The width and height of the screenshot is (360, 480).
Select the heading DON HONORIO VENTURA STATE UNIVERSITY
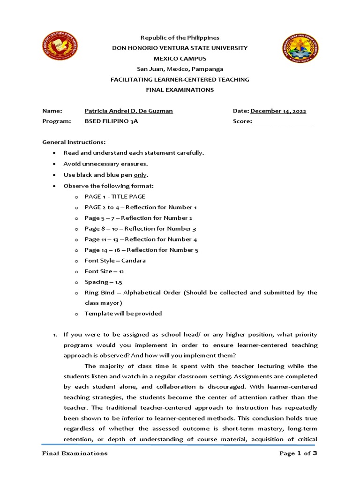tap(180, 48)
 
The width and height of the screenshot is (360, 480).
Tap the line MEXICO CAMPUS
tap(180, 59)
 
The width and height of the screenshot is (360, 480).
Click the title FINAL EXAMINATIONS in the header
tap(180, 90)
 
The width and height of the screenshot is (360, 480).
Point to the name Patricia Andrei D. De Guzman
tap(128, 111)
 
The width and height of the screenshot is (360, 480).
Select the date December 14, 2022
tap(278, 111)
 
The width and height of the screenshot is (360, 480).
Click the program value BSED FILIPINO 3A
tap(111, 121)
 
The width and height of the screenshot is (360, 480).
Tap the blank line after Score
tap(283, 122)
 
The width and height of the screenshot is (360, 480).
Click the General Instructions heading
tap(74, 142)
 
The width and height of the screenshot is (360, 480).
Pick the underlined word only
tap(140, 175)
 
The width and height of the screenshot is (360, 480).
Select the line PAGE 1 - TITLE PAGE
tap(115, 196)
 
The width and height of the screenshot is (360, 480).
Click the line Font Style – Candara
tap(115, 260)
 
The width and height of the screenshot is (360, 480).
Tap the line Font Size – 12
tap(104, 271)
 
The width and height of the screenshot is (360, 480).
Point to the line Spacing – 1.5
tap(103, 282)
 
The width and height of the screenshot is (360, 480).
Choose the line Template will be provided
tap(123, 314)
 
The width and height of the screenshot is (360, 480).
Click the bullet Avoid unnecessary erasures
tap(105, 164)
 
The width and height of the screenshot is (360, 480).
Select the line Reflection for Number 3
tap(140, 229)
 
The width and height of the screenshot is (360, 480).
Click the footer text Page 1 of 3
tap(298, 453)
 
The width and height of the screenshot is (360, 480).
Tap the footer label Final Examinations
tap(75, 453)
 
